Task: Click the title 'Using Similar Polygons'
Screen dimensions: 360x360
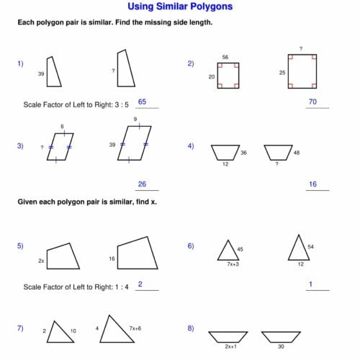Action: [x=180, y=7]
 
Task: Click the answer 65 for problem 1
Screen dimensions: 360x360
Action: [x=142, y=102]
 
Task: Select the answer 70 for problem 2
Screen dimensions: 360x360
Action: [x=312, y=102]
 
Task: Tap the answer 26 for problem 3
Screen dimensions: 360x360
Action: [x=142, y=184]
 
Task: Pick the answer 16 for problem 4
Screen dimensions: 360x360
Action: [x=312, y=184]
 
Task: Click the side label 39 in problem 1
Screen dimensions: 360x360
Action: [x=41, y=73]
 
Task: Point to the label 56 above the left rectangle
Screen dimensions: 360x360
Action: [x=225, y=56]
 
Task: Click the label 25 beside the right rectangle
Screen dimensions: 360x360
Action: [x=283, y=73]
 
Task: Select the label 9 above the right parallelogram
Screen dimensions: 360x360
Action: [x=135, y=119]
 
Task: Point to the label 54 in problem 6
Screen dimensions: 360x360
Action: [x=310, y=246]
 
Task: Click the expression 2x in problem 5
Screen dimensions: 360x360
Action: [x=41, y=260]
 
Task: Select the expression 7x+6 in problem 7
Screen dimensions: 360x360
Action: [x=135, y=328]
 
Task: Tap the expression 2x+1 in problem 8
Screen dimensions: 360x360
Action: [x=230, y=346]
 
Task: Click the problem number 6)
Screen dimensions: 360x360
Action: [x=191, y=246]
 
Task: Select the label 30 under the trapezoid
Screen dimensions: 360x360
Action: [x=281, y=346]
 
